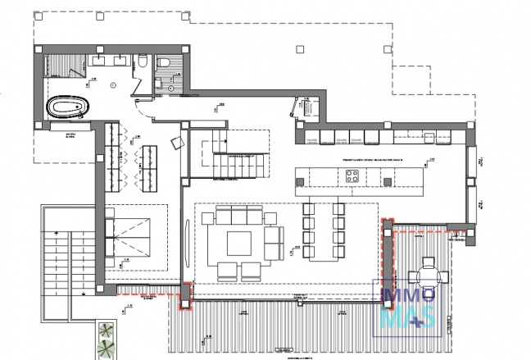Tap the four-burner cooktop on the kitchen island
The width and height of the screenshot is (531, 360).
[354, 174]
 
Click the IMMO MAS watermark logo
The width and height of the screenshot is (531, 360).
[407, 308]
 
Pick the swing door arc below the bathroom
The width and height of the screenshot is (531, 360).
[141, 119]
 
